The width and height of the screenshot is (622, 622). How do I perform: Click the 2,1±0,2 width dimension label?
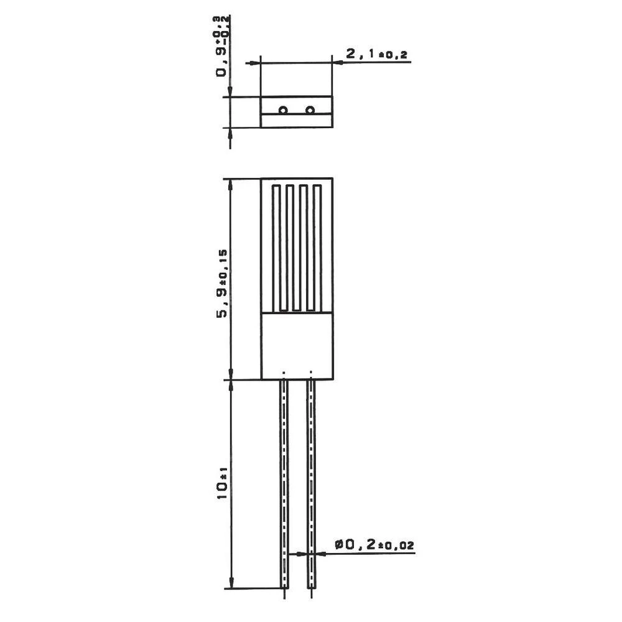(x=376, y=53)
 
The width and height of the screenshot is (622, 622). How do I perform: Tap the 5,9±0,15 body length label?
(x=222, y=283)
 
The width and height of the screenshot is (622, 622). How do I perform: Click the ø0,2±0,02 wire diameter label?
(x=374, y=545)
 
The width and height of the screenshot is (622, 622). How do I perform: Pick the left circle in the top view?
(x=283, y=110)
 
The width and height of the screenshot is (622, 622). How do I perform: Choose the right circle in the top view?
(x=310, y=110)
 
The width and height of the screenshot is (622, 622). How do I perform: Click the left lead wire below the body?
(x=284, y=484)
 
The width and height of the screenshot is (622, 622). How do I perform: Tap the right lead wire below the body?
(x=312, y=484)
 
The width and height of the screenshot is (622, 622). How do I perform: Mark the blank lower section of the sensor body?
(x=297, y=346)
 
